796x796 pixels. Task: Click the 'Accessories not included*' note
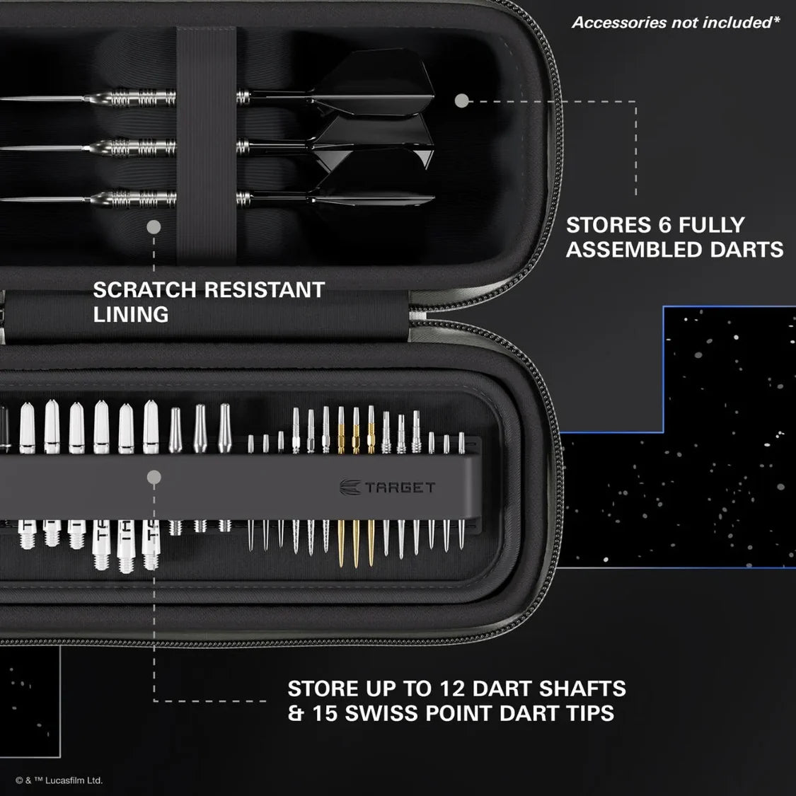click(x=676, y=23)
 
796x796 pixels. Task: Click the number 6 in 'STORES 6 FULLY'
click(x=663, y=226)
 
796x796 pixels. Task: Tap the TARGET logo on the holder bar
click(x=388, y=488)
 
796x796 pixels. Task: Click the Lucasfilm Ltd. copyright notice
click(x=59, y=780)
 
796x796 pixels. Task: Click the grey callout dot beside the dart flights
click(x=461, y=101)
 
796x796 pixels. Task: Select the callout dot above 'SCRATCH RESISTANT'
click(x=154, y=227)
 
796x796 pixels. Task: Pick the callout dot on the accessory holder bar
click(x=154, y=478)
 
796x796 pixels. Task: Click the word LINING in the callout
click(x=131, y=315)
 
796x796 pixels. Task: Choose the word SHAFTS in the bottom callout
click(x=582, y=688)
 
